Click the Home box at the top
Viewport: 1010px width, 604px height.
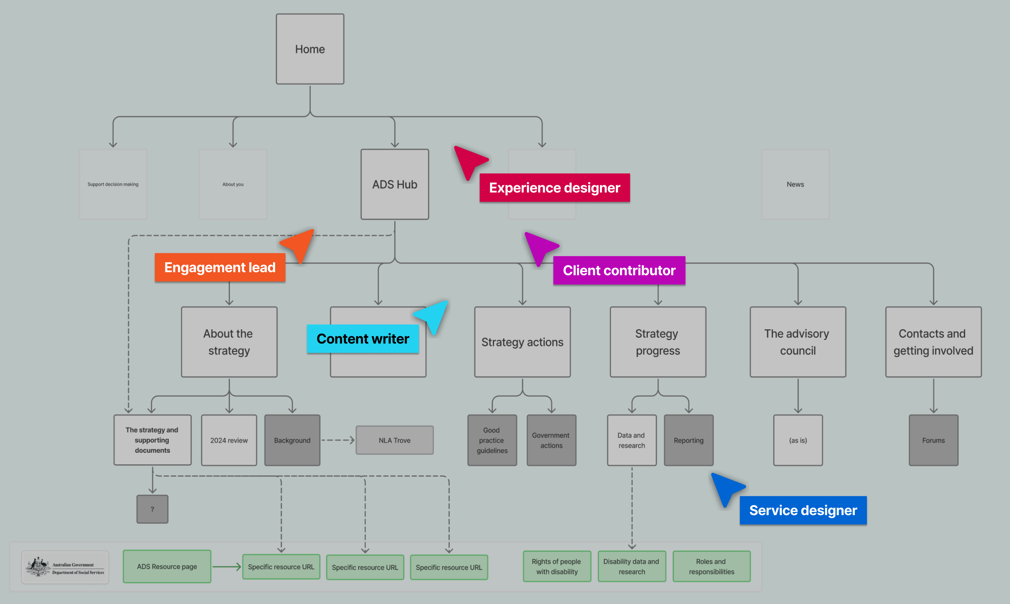310,49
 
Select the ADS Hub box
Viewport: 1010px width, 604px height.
394,184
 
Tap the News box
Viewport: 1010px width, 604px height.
795,184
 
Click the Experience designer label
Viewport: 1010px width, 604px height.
554,188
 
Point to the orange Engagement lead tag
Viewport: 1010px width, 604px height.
220,267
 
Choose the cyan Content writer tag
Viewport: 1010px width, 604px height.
363,339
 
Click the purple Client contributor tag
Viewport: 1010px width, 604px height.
618,270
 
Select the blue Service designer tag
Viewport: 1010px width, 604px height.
803,510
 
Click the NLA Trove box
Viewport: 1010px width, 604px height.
394,440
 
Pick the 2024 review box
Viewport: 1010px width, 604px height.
229,440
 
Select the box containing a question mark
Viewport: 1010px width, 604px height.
152,509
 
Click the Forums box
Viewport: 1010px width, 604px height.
933,440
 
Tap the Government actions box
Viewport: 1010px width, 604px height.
551,440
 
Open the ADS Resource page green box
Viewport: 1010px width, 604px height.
167,566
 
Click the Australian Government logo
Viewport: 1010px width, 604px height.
65,567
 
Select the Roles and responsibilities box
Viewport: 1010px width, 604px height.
711,566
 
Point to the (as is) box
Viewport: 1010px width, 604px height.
798,440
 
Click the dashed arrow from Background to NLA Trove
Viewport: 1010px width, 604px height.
337,440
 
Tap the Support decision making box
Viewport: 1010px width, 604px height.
113,184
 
